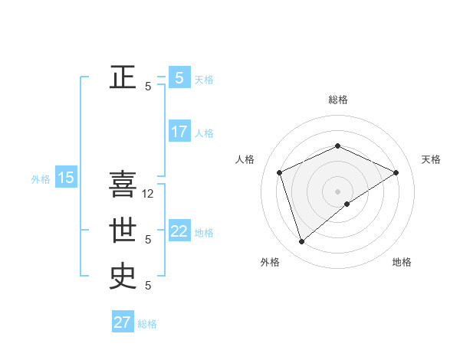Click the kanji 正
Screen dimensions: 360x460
click(123, 77)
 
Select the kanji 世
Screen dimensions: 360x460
click(123, 230)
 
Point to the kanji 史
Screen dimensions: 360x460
click(123, 276)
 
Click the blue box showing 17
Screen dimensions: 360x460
click(179, 132)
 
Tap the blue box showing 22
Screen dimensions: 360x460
click(179, 231)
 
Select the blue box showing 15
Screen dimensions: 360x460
click(66, 178)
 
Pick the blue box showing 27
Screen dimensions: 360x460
click(123, 322)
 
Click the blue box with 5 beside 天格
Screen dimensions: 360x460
click(179, 77)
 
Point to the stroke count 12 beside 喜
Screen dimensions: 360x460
click(149, 194)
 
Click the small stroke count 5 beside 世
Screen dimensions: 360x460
click(148, 240)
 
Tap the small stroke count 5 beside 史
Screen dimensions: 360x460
click(148, 286)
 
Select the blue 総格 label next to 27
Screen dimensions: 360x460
click(147, 324)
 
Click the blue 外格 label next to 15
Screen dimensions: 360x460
click(41, 179)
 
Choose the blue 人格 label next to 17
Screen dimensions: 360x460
click(204, 133)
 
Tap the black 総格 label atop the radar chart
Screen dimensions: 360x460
click(337, 100)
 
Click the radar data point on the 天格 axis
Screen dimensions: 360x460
click(396, 172)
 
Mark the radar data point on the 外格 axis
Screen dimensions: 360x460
click(301, 242)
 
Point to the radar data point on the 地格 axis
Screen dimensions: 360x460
click(347, 204)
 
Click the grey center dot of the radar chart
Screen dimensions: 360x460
click(337, 191)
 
